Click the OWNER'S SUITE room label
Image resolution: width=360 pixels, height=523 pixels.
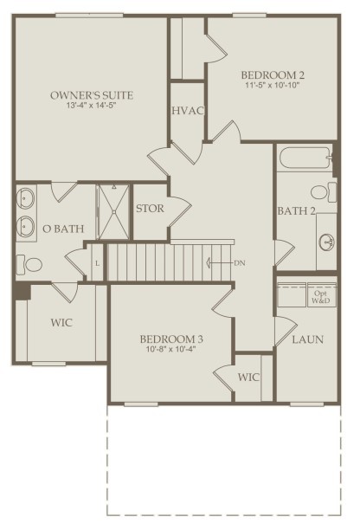(x=92, y=95)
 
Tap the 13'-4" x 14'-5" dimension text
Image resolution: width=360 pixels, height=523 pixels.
(x=91, y=106)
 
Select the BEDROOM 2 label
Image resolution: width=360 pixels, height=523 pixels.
(x=273, y=75)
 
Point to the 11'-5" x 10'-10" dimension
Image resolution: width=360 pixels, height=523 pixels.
(x=273, y=85)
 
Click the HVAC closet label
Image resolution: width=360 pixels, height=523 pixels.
(x=188, y=111)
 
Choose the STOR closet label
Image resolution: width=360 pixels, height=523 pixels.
(x=150, y=209)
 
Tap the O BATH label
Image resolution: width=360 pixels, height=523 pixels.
(x=63, y=229)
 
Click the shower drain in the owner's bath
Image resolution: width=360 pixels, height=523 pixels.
(x=114, y=211)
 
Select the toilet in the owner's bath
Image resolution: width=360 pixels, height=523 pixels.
(x=29, y=264)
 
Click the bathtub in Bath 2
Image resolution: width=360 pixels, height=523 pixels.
(x=305, y=159)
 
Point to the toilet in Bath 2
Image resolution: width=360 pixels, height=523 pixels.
(x=324, y=192)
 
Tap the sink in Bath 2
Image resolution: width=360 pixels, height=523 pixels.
(x=326, y=242)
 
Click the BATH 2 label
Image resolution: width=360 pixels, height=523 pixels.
(x=296, y=210)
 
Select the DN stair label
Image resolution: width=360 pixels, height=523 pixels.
(x=240, y=263)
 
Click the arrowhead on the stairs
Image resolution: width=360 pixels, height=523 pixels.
(x=209, y=263)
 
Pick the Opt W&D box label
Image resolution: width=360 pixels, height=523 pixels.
(x=321, y=297)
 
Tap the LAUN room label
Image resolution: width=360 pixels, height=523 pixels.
(x=308, y=339)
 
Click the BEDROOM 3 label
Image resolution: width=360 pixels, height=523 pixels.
(x=171, y=339)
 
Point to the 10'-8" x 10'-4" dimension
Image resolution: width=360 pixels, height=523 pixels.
(x=171, y=349)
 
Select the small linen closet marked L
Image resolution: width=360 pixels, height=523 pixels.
(x=97, y=263)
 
